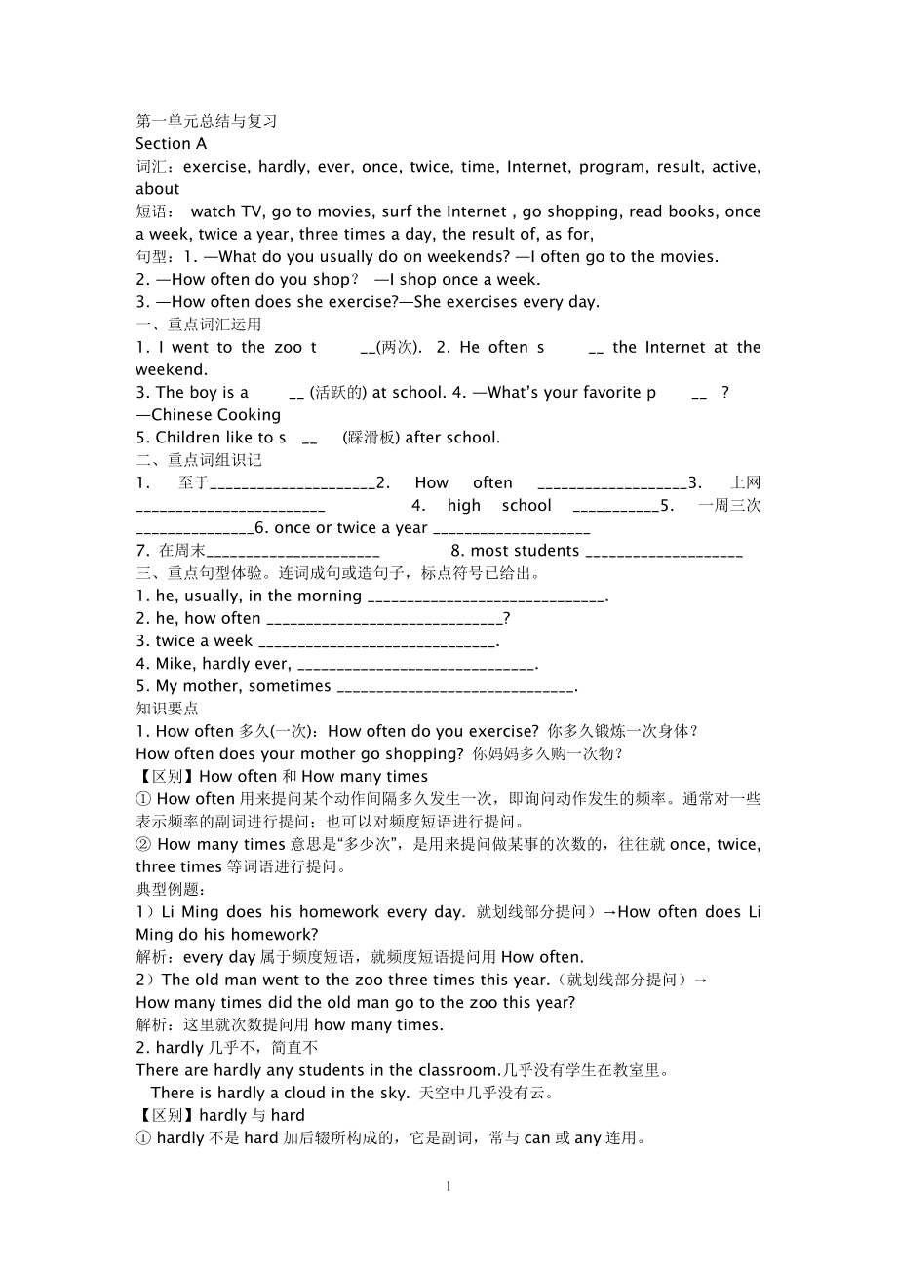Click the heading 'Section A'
[x=171, y=144]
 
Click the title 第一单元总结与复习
[x=207, y=122]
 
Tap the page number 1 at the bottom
[x=448, y=1186]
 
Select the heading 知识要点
[x=167, y=709]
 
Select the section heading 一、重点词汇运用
[x=198, y=325]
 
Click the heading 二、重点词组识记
[x=198, y=460]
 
